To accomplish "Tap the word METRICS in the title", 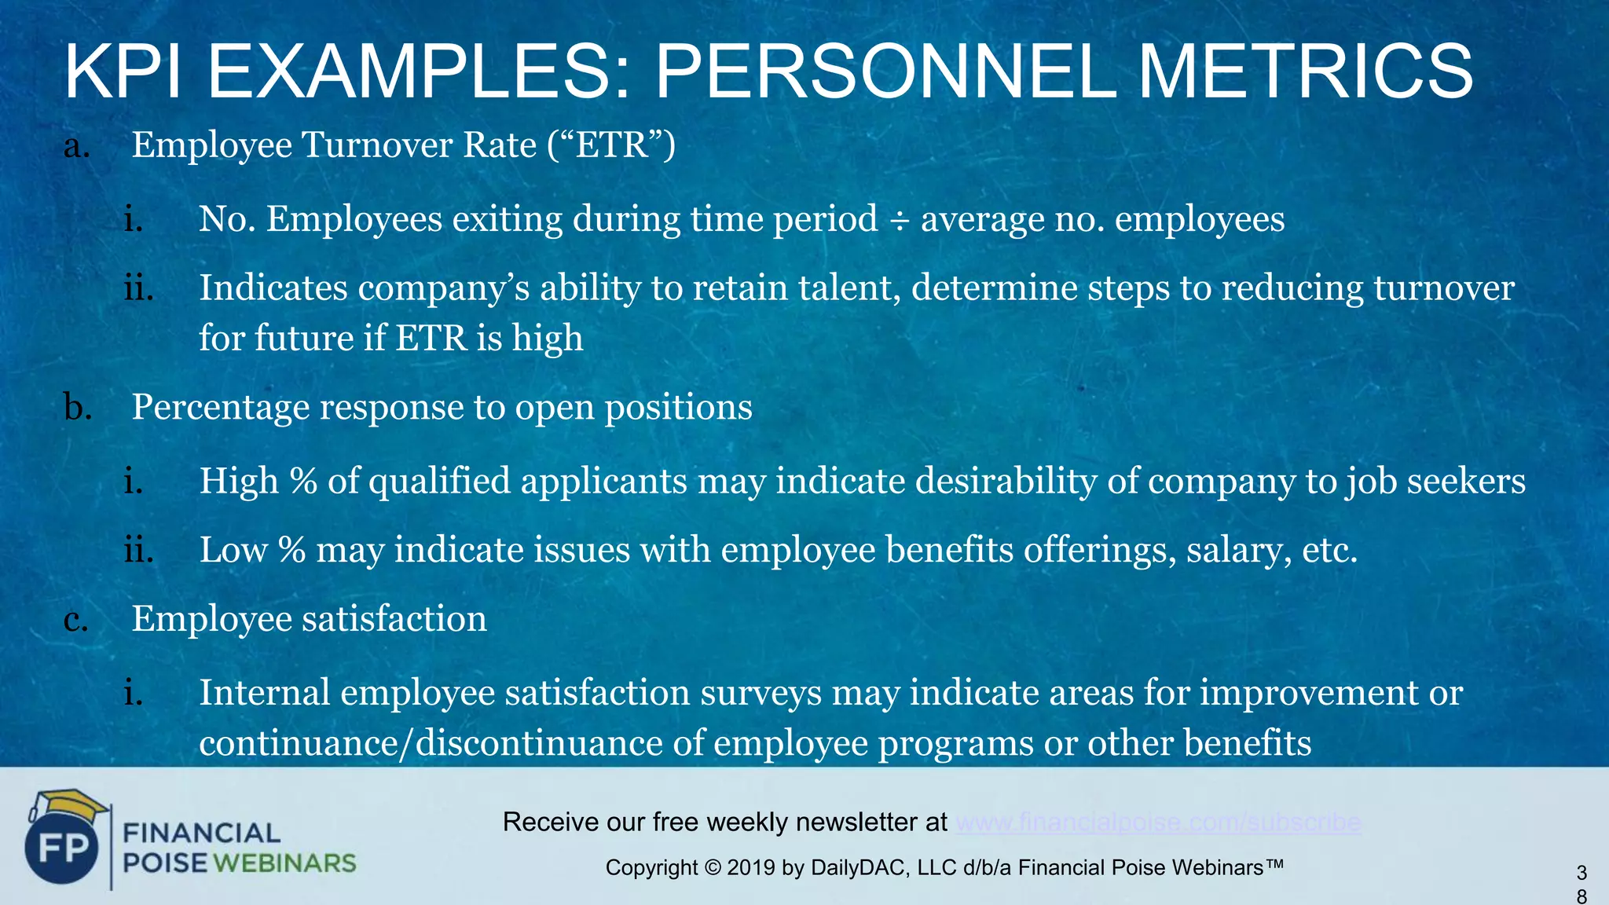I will coord(1305,72).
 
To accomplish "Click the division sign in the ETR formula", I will coord(899,221).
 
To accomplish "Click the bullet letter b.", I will coord(77,407).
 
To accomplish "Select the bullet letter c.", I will coord(75,620).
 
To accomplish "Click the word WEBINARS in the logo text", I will coord(284,863).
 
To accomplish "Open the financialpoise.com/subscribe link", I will coord(1158,823).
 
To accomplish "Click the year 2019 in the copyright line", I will coord(751,868).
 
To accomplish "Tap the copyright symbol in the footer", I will coord(712,868).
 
